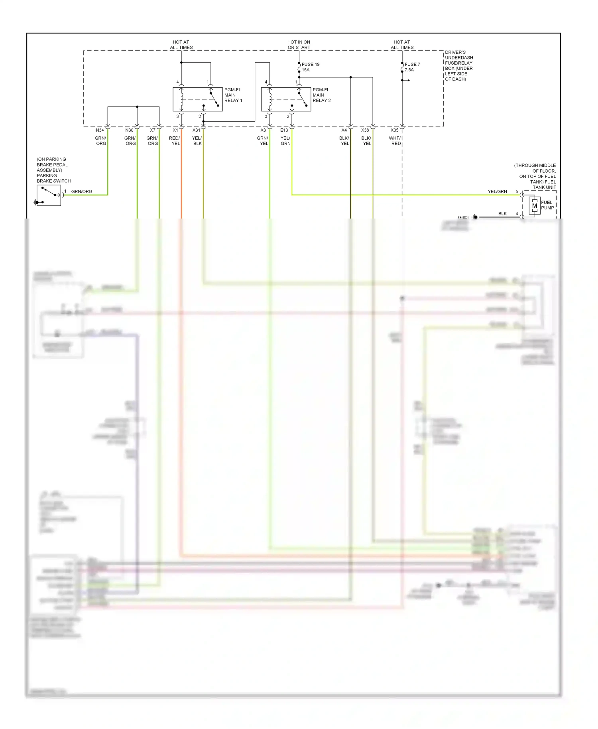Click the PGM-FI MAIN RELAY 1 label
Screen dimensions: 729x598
point(233,95)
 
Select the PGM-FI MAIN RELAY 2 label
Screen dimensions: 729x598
point(321,95)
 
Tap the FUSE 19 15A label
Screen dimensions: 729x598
point(310,67)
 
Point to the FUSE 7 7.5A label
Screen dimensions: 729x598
point(412,67)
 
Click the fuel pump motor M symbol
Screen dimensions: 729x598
point(534,206)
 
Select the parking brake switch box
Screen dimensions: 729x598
point(49,195)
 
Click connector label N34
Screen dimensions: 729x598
point(100,130)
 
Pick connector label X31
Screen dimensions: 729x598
point(196,130)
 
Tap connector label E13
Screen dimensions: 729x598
point(284,130)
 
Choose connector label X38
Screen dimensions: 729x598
point(365,130)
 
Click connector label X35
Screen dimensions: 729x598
point(394,130)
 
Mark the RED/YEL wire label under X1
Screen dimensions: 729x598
point(175,141)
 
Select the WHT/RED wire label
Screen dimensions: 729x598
point(395,141)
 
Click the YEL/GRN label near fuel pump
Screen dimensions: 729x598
point(497,192)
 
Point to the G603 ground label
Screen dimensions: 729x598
point(463,217)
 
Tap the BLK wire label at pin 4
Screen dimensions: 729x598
point(502,214)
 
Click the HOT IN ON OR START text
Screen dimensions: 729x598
point(299,45)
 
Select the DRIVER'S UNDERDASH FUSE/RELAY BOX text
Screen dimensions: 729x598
point(458,65)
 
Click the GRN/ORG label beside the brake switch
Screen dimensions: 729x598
point(82,192)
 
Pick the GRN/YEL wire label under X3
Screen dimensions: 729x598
point(263,141)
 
